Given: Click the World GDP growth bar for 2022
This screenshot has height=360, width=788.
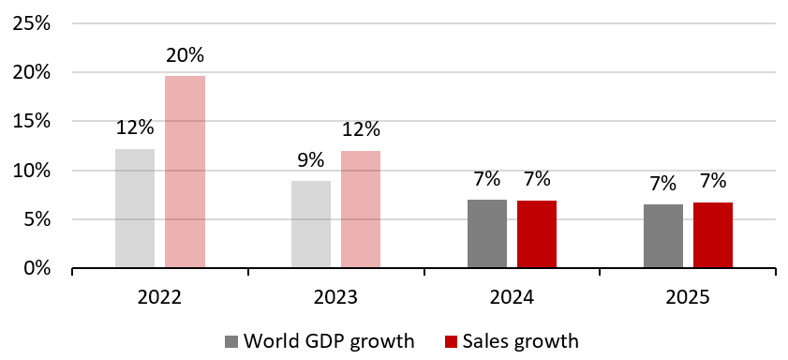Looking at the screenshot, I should [x=135, y=208].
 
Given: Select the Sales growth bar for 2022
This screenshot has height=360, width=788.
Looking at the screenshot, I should [x=185, y=172].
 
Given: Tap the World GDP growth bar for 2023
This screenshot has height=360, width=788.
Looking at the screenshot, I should [x=311, y=224].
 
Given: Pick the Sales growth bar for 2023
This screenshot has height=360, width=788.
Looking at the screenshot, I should [x=361, y=209].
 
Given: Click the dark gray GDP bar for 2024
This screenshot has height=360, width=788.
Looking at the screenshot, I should [x=487, y=233].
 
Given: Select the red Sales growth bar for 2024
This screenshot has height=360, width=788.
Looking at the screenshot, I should [x=537, y=233].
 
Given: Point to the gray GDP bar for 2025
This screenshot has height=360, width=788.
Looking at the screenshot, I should [x=663, y=235].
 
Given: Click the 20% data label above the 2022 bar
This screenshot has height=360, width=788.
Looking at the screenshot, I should [x=185, y=55].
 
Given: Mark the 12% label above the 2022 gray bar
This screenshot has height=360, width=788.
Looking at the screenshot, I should [x=135, y=129].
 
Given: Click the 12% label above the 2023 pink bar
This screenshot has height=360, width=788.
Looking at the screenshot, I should [x=361, y=129].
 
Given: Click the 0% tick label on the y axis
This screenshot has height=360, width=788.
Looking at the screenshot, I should [x=36, y=269].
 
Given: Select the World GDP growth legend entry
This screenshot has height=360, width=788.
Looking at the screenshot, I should [x=319, y=341].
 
